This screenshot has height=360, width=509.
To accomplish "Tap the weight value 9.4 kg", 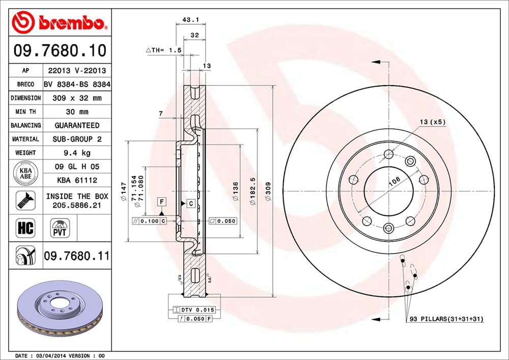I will click(x=77, y=152).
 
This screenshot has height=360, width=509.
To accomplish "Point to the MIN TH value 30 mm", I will click(x=77, y=112).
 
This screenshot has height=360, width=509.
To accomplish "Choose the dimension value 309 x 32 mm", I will click(x=77, y=98).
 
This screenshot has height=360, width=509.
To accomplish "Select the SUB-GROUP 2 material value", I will click(x=77, y=139).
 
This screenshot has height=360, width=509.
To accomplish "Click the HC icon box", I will click(x=25, y=228).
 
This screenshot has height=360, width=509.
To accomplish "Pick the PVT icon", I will click(x=59, y=228).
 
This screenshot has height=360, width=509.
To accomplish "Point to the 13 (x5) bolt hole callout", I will click(x=433, y=122).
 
